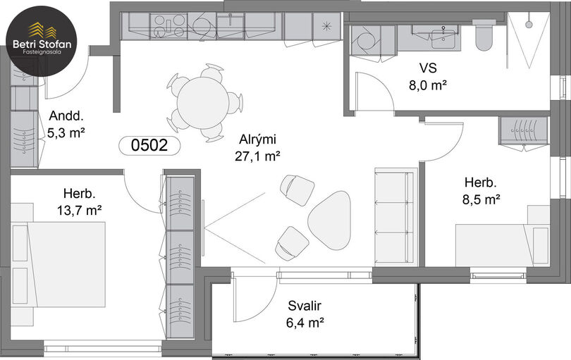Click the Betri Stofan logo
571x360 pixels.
(41, 41)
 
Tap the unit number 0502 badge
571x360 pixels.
(149, 145)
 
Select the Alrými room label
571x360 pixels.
(258, 139)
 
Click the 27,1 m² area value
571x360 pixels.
(257, 156)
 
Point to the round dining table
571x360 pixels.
(203, 102)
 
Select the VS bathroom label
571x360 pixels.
(428, 68)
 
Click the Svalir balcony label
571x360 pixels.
(305, 306)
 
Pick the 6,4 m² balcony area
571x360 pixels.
(305, 323)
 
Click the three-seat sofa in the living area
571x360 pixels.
(394, 216)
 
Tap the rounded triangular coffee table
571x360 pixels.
(330, 220)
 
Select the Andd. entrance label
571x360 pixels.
(66, 116)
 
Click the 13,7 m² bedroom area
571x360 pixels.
(80, 210)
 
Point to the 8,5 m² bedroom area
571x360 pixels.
(481, 199)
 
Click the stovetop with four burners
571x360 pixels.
(168, 26)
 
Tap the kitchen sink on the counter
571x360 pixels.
(231, 26)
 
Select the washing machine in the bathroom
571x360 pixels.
(366, 40)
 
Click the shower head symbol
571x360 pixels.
(529, 24)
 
